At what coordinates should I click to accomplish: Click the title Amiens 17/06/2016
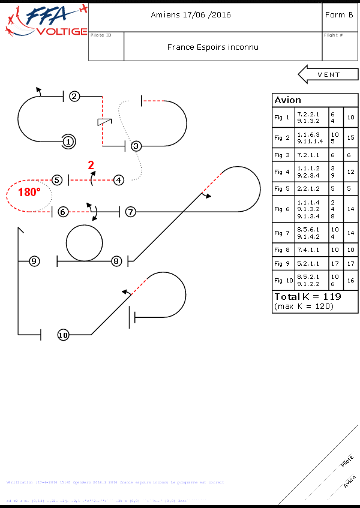[191, 15]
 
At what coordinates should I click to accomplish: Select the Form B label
[338, 15]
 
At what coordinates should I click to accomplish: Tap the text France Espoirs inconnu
[213, 47]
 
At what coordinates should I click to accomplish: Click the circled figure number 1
[68, 142]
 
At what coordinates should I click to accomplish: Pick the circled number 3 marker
[136, 146]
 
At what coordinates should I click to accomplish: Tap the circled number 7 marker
[131, 212]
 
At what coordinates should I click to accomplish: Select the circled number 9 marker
[34, 261]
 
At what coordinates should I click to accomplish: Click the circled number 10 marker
[64, 335]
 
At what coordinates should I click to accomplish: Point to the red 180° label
[29, 193]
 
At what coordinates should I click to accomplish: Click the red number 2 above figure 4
[91, 165]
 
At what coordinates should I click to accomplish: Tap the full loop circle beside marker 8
[85, 243]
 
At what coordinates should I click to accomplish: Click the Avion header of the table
[288, 100]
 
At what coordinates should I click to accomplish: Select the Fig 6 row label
[282, 209]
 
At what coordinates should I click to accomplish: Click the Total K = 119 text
[308, 297]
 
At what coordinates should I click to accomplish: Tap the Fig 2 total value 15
[351, 138]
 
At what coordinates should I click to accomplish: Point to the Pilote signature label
[347, 461]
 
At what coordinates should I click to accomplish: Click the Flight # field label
[333, 35]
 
